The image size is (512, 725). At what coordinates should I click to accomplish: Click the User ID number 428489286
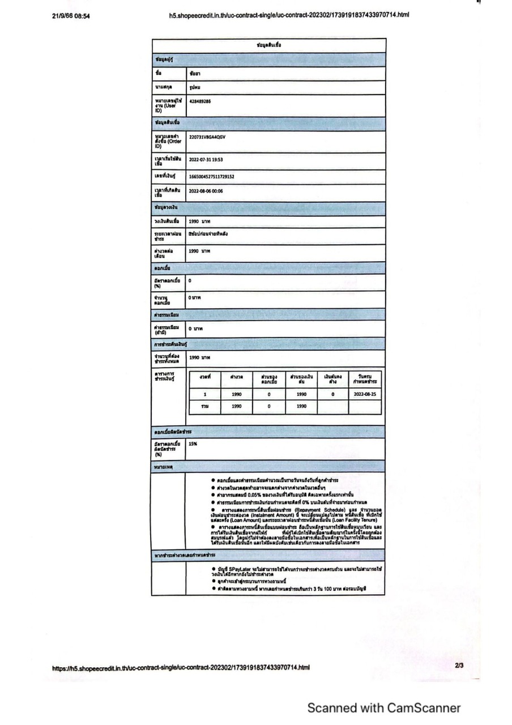(200, 101)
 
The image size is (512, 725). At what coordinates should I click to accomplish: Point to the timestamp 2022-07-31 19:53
(206, 160)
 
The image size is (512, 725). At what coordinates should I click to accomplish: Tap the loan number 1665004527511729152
(212, 177)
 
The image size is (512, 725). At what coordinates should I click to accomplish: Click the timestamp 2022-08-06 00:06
(206, 191)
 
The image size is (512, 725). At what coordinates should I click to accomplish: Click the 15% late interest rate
(193, 444)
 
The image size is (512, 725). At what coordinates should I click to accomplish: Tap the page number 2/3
(459, 666)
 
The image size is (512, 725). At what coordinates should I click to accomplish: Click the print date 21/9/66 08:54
(71, 16)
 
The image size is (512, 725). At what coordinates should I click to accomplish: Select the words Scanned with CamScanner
(383, 708)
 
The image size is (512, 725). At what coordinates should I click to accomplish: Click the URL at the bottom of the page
(181, 667)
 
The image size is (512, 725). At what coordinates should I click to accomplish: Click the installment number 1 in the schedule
(205, 394)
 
